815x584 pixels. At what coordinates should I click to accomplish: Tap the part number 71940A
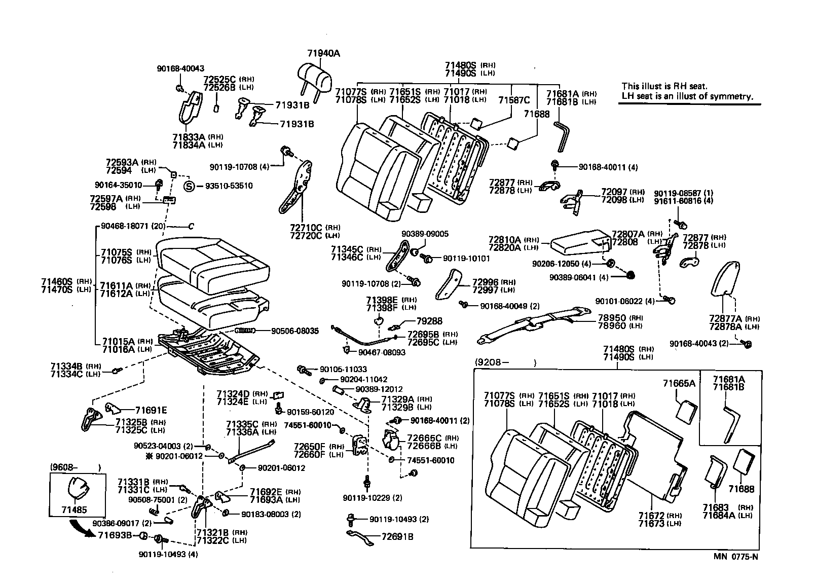click(x=323, y=53)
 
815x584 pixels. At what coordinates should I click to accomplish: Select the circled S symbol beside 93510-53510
click(x=189, y=186)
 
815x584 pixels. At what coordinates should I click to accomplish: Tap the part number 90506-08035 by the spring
click(x=294, y=331)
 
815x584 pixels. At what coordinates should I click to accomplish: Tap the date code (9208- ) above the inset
click(x=505, y=362)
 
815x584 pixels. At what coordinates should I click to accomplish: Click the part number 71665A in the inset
click(x=679, y=383)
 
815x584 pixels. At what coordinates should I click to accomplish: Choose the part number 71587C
click(x=514, y=100)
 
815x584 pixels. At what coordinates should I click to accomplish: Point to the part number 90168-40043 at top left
click(x=180, y=68)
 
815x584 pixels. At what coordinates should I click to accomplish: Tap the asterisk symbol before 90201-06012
click(x=149, y=456)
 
